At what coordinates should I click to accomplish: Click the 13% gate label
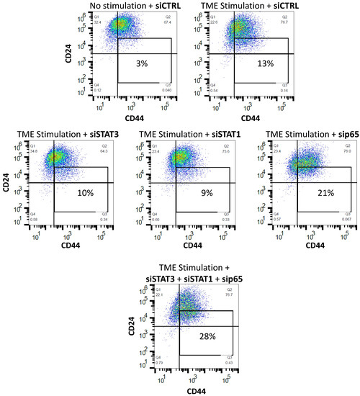click(x=262, y=63)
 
